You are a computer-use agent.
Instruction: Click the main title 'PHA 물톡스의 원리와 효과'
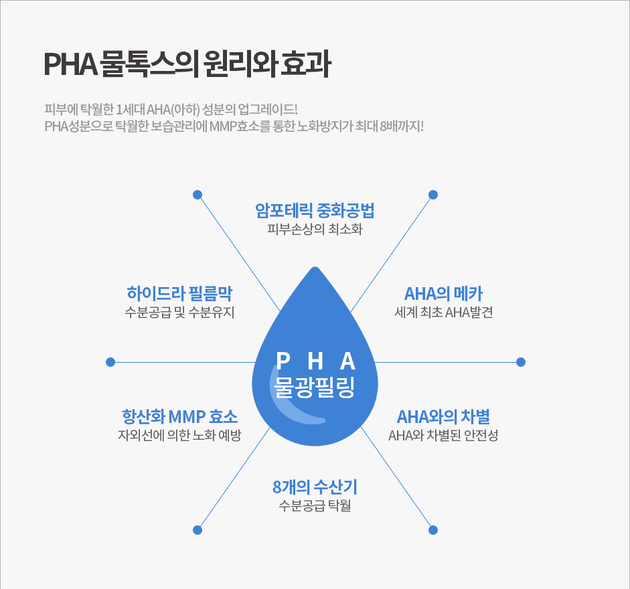click(x=187, y=64)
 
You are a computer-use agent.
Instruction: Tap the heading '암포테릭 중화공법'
click(x=315, y=211)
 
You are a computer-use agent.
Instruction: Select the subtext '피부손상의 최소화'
click(x=315, y=229)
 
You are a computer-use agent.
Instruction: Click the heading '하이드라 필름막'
click(x=179, y=293)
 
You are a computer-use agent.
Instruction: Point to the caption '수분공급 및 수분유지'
click(x=179, y=312)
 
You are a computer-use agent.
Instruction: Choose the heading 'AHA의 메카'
click(x=444, y=293)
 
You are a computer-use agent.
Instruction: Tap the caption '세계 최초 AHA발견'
click(x=444, y=312)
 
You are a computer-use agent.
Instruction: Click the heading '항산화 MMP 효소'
click(x=179, y=416)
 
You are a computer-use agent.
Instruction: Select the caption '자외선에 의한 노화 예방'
click(x=179, y=435)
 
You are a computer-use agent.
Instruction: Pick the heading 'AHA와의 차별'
click(x=444, y=416)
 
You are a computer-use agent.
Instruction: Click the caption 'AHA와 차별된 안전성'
click(x=444, y=435)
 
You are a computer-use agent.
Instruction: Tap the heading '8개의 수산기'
click(x=315, y=487)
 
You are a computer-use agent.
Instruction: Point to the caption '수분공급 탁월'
click(x=315, y=505)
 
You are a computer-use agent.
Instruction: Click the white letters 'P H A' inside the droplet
click(x=315, y=361)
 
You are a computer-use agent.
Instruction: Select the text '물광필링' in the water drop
click(x=315, y=388)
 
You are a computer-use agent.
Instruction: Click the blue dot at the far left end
click(x=110, y=362)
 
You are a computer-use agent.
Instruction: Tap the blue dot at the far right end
click(x=521, y=362)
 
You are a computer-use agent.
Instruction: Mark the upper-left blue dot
click(x=198, y=195)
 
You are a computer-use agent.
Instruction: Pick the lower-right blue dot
click(x=433, y=530)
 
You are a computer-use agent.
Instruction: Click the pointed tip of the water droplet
click(x=315, y=267)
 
